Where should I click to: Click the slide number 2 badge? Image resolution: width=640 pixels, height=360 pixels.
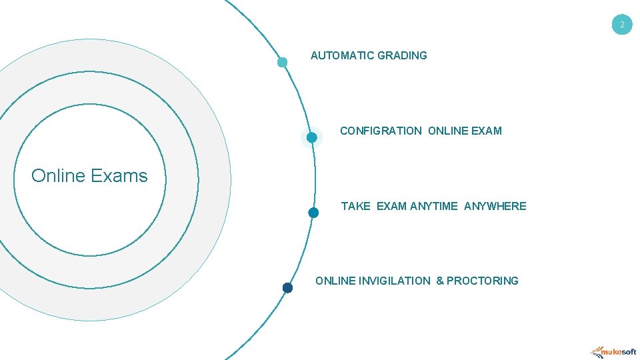point(622,25)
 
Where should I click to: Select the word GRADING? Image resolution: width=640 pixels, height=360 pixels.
point(402,55)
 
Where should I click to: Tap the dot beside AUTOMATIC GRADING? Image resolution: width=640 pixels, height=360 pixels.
point(282,63)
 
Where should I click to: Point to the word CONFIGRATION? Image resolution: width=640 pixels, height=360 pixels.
point(381,131)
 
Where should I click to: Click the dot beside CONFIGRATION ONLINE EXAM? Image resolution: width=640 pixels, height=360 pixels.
point(311,137)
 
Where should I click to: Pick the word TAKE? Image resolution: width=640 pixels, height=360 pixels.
point(355,206)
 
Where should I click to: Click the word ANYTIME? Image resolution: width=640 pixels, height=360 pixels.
point(434,206)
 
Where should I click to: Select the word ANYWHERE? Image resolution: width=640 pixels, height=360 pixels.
point(495,206)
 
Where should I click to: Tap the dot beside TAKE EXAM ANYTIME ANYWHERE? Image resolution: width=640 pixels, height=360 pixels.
point(313,213)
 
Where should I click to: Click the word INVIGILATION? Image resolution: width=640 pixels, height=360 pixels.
point(395,281)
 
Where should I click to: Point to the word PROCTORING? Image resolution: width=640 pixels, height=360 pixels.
point(482,281)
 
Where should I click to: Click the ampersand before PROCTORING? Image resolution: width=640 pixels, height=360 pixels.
point(440,281)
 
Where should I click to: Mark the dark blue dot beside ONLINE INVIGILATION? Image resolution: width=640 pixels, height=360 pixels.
point(287,288)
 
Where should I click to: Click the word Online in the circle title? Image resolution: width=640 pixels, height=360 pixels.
point(58,176)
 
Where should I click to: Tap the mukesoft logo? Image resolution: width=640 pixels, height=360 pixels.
point(613,351)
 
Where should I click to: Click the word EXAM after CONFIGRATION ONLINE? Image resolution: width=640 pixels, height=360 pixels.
point(486,131)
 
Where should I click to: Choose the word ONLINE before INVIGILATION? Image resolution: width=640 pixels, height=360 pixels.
point(335,281)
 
